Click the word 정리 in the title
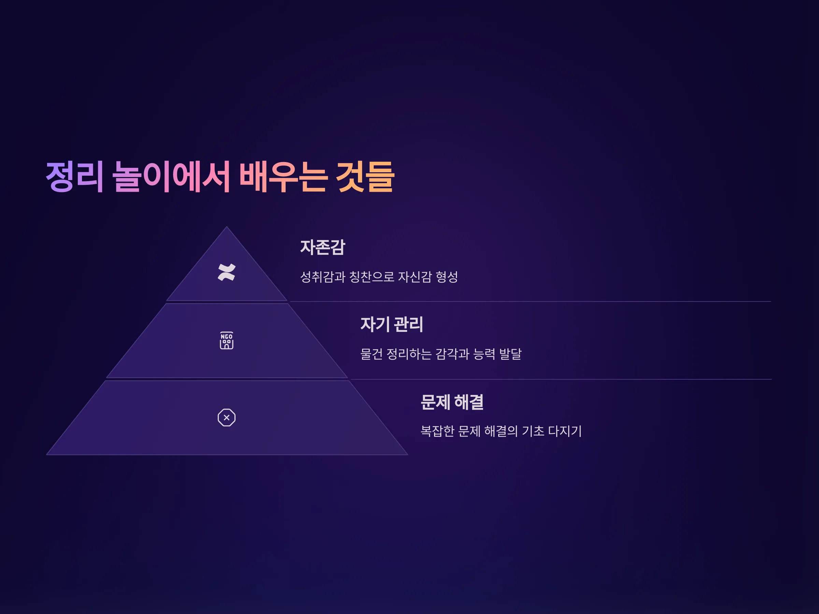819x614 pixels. click(x=74, y=177)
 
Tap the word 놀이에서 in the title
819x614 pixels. click(x=171, y=177)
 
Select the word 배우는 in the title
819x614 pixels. click(x=283, y=177)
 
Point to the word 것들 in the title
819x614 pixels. click(x=365, y=177)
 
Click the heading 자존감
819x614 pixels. click(x=322, y=247)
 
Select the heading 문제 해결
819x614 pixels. click(x=452, y=402)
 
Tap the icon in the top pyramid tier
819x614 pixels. click(x=227, y=273)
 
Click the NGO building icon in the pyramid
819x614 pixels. click(x=227, y=340)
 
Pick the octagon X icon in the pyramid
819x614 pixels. click(x=227, y=418)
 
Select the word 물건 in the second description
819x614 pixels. click(x=371, y=354)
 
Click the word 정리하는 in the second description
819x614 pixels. click(x=409, y=354)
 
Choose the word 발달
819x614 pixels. click(x=510, y=354)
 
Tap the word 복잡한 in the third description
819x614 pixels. click(x=437, y=431)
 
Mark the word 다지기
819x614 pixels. click(x=565, y=431)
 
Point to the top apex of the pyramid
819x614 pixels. click(x=227, y=226)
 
